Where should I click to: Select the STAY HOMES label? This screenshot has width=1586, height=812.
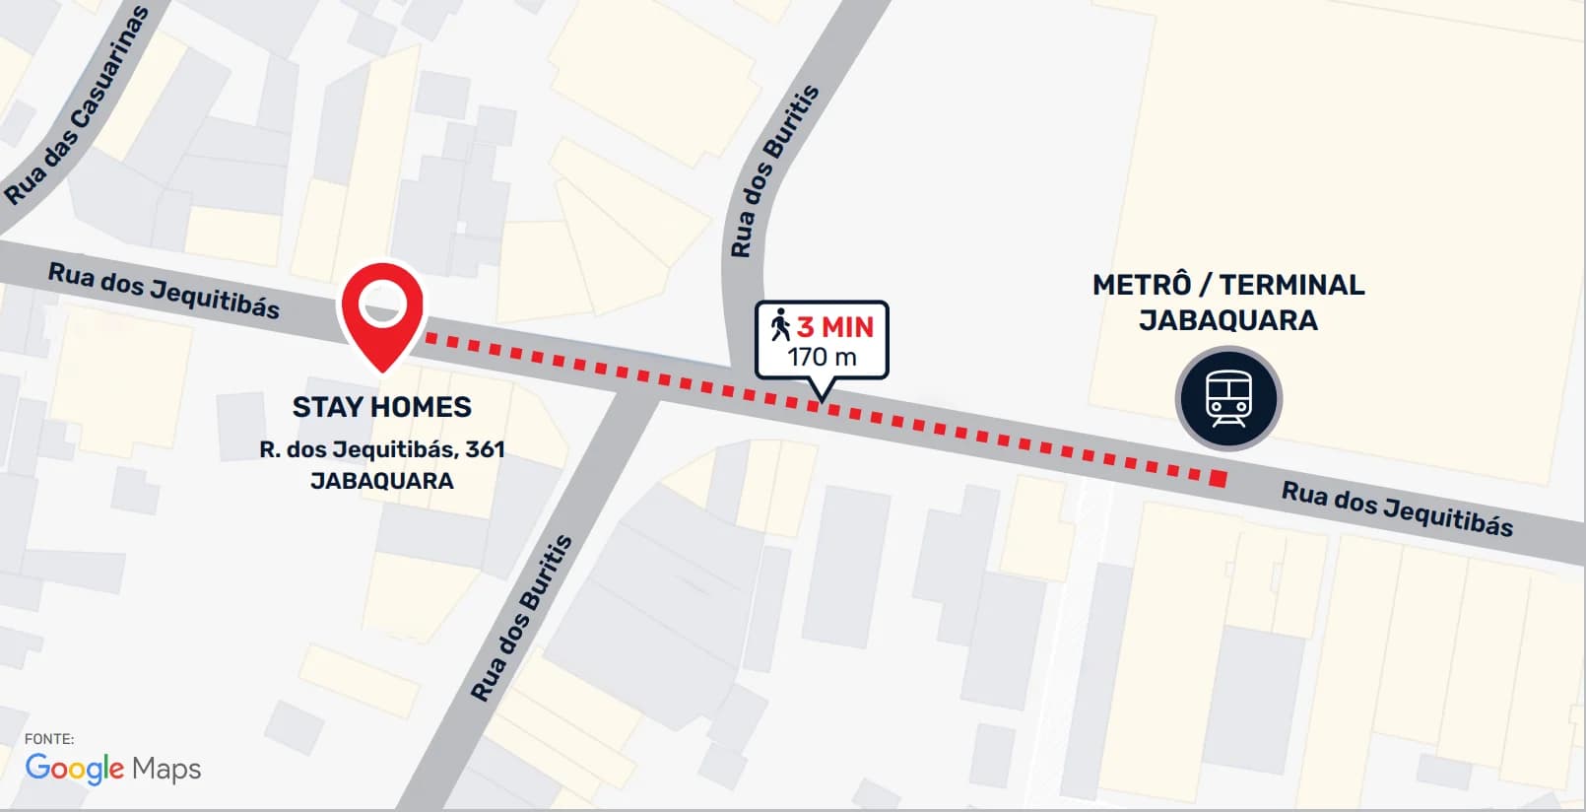pos(382,407)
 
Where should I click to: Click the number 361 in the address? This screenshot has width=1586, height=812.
pos(485,449)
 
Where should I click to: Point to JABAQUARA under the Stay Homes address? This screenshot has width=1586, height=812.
pos(382,481)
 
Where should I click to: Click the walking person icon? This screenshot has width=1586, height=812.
pos(780,325)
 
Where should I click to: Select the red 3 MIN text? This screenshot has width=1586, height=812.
pos(835,326)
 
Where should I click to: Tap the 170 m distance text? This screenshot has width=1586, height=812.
pos(822,357)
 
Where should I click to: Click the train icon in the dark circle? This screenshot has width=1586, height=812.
pos(1228,398)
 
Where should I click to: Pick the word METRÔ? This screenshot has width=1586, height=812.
pos(1142,285)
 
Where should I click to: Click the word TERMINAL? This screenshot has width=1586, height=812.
pos(1291,285)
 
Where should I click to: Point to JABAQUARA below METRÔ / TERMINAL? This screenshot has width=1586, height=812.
pos(1228,320)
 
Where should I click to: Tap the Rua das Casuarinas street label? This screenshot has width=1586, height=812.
pos(76,105)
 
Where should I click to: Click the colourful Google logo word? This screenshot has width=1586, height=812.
pos(75,768)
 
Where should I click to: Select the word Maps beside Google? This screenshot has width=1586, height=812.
pos(166,769)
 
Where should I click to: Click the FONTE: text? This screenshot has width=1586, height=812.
pos(49,738)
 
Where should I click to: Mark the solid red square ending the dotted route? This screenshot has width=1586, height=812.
pos(1218,479)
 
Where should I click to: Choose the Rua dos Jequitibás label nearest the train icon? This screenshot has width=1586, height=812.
pos(1397,508)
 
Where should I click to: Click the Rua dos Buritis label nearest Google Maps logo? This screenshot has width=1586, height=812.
pos(521,618)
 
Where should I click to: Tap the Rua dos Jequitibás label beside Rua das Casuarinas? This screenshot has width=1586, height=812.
pos(165,291)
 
